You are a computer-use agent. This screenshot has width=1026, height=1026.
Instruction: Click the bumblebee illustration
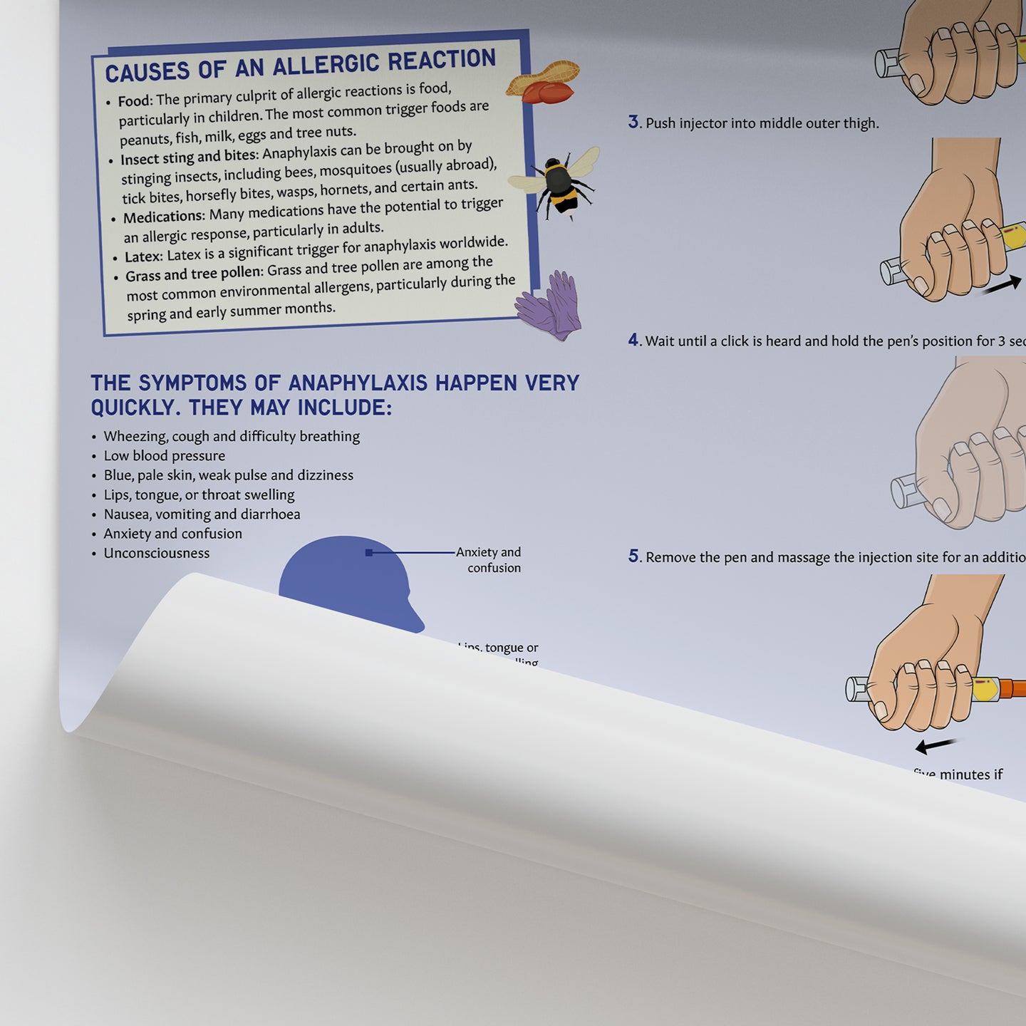tap(560, 182)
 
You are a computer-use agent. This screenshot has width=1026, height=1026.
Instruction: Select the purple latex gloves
tap(551, 305)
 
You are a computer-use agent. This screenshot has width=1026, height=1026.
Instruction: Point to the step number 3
tap(633, 122)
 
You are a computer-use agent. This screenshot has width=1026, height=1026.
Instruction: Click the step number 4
tap(633, 340)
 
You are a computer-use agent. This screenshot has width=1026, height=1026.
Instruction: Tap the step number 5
tap(633, 556)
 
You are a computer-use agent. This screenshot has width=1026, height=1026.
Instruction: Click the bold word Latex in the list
tap(144, 256)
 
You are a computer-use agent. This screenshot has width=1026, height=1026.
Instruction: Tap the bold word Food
tap(135, 101)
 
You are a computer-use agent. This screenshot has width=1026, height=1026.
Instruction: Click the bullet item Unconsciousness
tap(157, 553)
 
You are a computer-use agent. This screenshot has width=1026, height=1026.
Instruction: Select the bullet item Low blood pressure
tap(165, 456)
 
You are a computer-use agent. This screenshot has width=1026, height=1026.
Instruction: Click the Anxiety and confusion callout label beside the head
tap(489, 560)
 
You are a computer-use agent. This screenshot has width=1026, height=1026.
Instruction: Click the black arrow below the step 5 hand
tap(936, 745)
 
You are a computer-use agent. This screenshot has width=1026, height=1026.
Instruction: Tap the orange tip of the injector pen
tap(1012, 689)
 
